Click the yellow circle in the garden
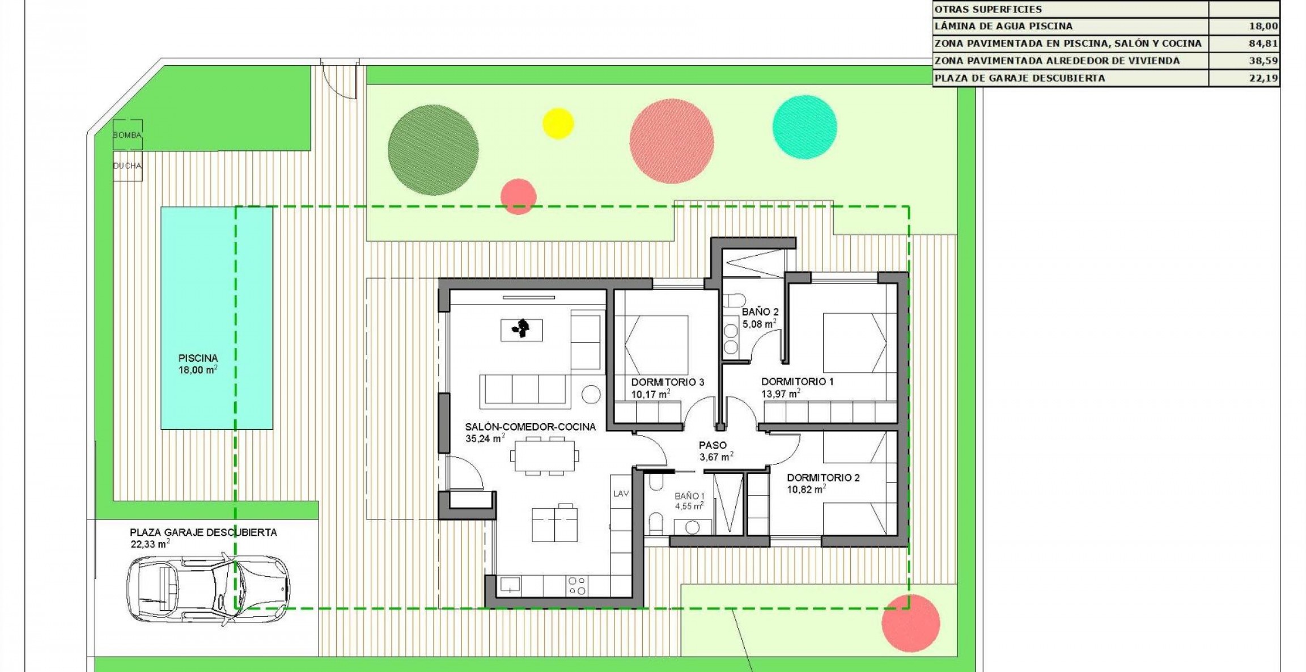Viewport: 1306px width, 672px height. click(x=558, y=123)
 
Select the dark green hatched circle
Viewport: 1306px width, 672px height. click(x=433, y=150)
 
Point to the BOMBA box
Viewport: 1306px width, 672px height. click(x=127, y=135)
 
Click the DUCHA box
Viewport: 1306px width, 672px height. click(x=127, y=166)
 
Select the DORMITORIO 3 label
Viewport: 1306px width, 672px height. click(x=667, y=382)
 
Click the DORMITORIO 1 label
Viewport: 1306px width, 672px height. click(x=796, y=382)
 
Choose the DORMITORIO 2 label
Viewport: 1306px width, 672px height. click(x=822, y=477)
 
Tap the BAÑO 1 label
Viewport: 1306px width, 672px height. click(x=689, y=496)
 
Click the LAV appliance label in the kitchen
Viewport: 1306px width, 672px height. click(x=621, y=493)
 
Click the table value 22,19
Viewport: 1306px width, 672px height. click(x=1263, y=78)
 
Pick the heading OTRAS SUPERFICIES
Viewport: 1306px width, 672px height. click(x=987, y=9)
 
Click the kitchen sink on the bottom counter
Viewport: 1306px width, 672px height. click(x=511, y=585)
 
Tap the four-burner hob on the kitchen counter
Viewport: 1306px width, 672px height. click(x=577, y=586)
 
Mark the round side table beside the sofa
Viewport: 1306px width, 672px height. click(x=591, y=394)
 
